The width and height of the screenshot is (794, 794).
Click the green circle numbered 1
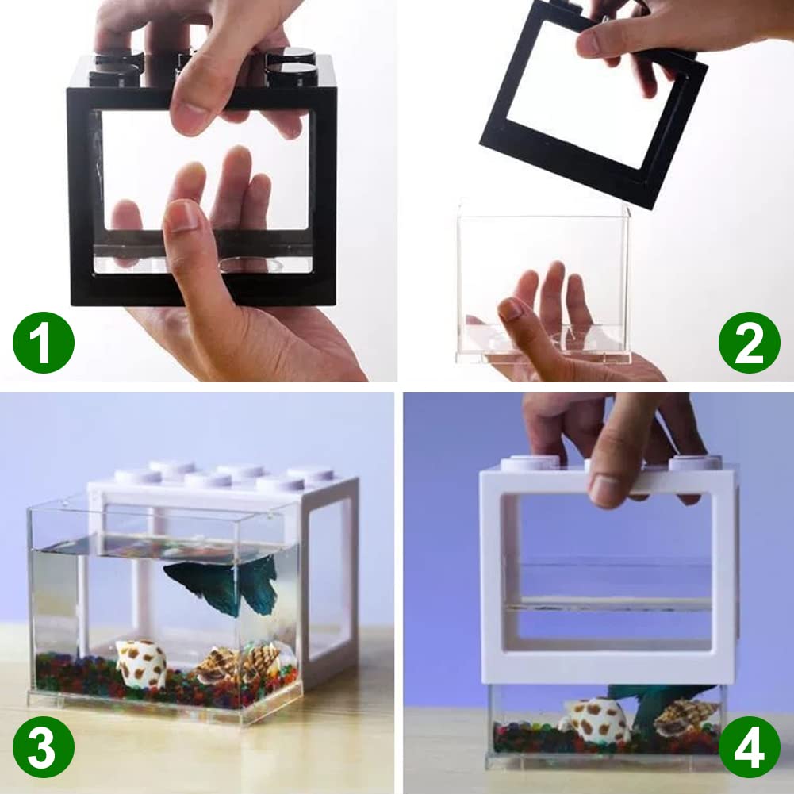coord(44,343)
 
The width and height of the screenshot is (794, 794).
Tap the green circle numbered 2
coord(749,342)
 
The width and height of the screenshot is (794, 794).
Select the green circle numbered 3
coord(44,746)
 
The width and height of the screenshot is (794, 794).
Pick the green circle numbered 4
coord(749,746)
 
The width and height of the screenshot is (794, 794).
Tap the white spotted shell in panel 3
coord(141,662)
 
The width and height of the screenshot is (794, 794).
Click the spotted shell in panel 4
coord(596,720)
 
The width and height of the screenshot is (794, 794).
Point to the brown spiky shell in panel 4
coord(682,715)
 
